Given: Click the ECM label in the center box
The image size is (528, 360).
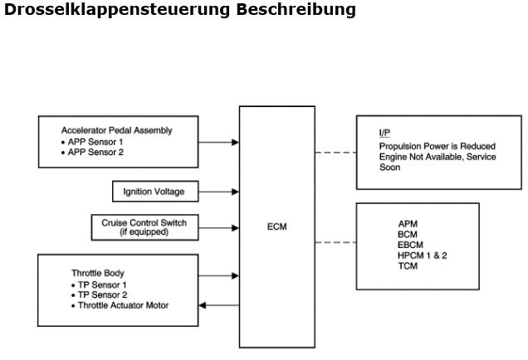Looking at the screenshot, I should click(x=277, y=226).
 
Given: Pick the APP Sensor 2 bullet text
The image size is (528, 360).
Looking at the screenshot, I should click(x=98, y=152).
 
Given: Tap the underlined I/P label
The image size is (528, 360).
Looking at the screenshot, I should click(x=384, y=132).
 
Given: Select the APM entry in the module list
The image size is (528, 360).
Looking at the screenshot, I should click(x=408, y=223).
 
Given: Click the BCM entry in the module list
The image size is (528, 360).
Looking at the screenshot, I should click(x=408, y=234).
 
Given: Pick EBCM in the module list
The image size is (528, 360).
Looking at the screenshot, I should click(x=410, y=245).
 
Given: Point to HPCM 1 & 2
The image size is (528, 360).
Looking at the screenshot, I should click(x=422, y=255).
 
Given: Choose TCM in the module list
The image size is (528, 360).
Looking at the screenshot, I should click(x=408, y=266).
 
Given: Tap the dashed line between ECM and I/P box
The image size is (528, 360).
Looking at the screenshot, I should click(x=335, y=153).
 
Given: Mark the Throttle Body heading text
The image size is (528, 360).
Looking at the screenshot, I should click(x=99, y=273).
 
